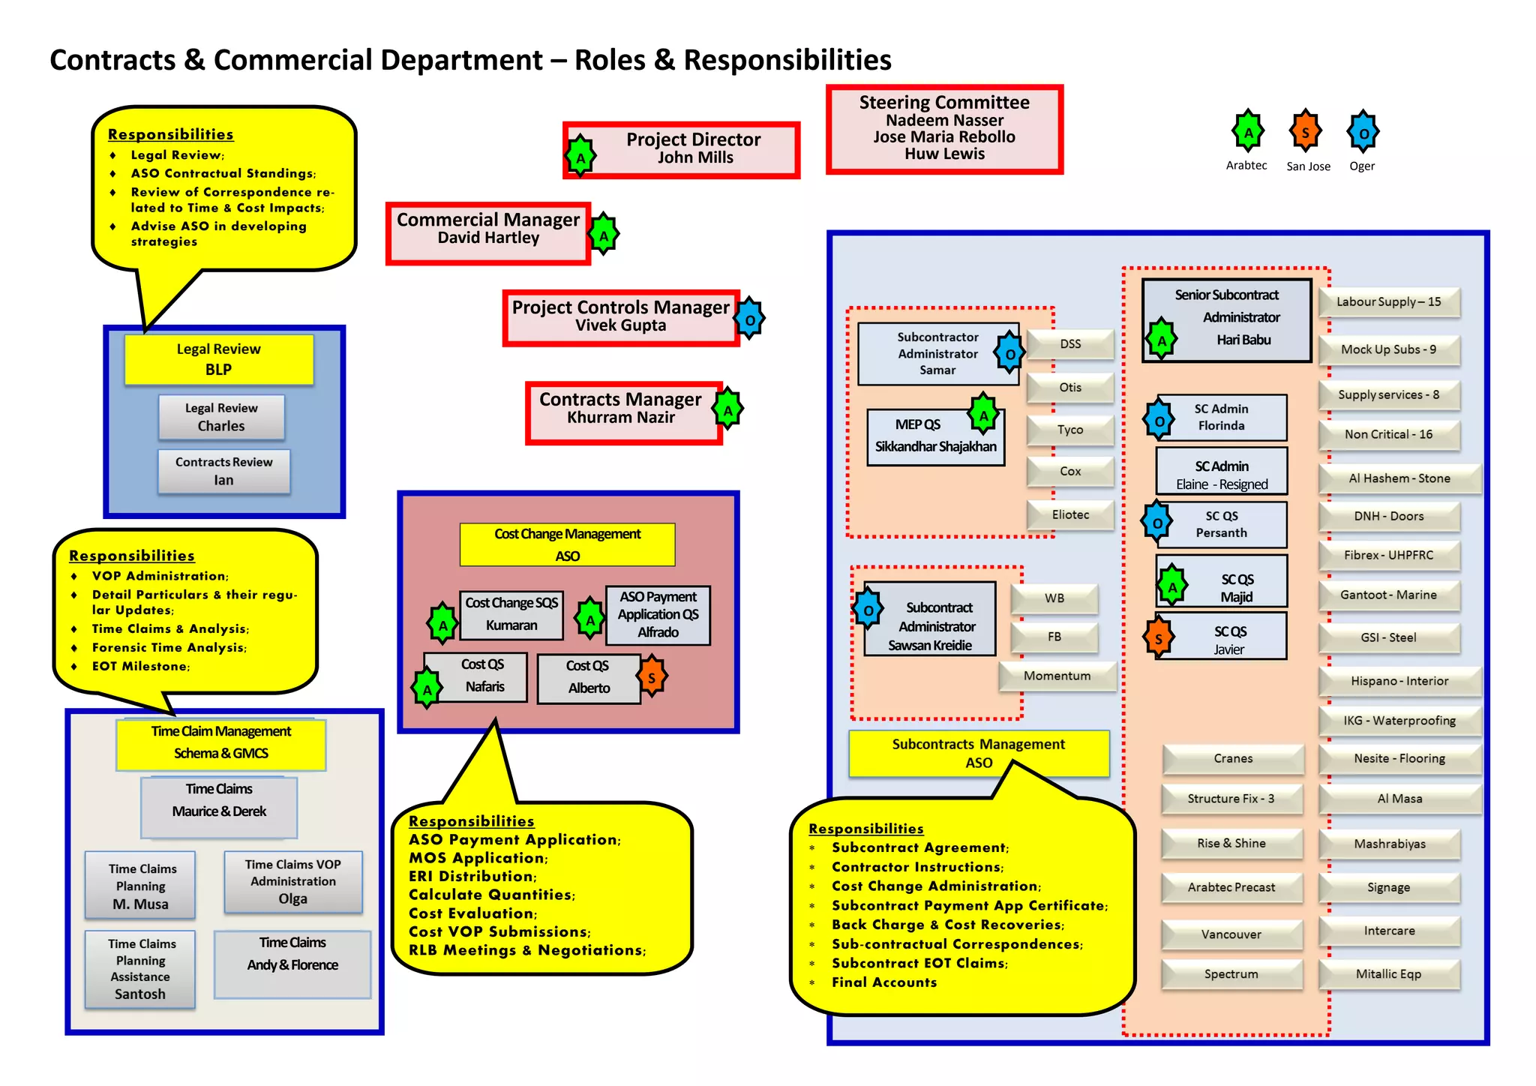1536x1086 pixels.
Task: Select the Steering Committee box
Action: [944, 129]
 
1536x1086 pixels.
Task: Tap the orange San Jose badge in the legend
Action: [1306, 133]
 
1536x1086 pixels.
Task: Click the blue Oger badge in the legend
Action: [1363, 133]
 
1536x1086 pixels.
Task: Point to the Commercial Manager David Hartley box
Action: [488, 232]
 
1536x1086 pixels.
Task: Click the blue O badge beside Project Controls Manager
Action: [749, 320]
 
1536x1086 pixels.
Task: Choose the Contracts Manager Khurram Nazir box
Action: [621, 412]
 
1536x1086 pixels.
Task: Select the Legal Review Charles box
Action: [221, 417]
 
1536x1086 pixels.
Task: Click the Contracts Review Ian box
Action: [223, 471]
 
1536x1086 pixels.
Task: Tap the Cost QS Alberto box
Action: [589, 677]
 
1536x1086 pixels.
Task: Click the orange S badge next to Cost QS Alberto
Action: [652, 676]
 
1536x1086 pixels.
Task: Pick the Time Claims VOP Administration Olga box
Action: [293, 881]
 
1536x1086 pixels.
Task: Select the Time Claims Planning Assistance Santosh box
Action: [140, 969]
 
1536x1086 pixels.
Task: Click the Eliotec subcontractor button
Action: [1070, 514]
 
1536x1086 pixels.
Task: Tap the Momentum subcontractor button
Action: [1057, 676]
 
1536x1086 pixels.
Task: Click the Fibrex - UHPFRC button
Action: [1388, 555]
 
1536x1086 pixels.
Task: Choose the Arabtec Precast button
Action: [1231, 887]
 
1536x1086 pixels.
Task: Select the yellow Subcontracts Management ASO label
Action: [978, 753]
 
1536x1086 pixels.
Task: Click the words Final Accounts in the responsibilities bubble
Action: [884, 982]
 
